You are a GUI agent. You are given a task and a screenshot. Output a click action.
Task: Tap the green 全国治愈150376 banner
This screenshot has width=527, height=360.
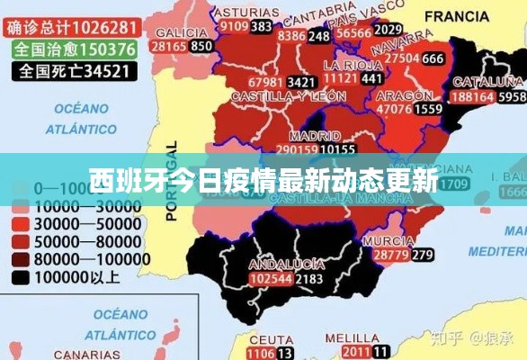(76, 49)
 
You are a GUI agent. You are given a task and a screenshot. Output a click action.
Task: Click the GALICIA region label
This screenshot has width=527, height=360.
(181, 31)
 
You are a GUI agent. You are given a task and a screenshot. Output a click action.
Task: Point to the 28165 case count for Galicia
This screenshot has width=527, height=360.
(168, 46)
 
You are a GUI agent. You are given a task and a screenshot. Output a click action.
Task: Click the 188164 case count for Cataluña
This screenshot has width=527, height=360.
(472, 96)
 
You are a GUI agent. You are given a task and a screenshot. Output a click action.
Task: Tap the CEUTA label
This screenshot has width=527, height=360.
(266, 339)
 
